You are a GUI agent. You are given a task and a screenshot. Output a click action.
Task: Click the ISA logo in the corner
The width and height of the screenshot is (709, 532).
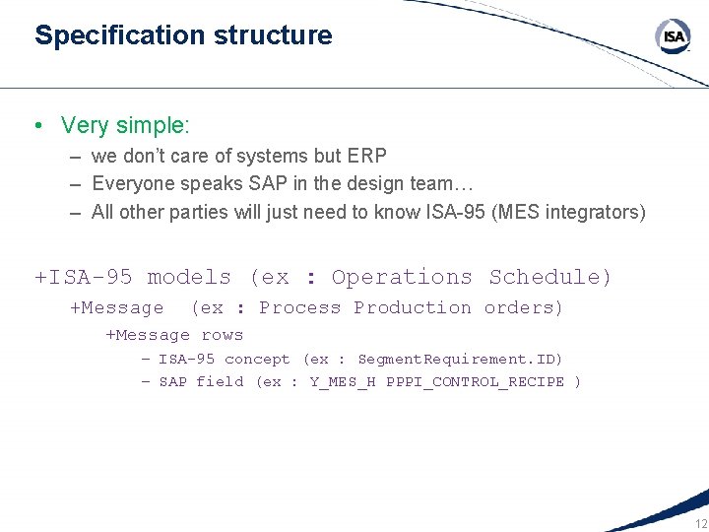tap(673, 36)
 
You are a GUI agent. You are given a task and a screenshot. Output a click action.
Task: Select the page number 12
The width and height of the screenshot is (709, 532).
tap(700, 523)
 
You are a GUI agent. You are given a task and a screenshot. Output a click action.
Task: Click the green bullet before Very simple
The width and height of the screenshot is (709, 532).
tap(37, 126)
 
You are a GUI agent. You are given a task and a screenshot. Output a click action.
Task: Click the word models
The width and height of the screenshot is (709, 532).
tap(189, 277)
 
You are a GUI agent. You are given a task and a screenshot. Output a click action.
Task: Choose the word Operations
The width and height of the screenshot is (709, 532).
tap(402, 277)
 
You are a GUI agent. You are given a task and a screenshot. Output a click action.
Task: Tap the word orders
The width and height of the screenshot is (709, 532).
tap(523, 307)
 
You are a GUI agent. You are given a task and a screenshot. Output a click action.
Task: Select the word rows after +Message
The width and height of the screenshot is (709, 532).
tap(222, 335)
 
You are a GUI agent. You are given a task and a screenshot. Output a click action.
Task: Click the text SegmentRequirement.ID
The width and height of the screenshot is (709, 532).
tap(460, 360)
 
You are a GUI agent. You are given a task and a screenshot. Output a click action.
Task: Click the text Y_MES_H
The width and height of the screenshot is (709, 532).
tap(343, 381)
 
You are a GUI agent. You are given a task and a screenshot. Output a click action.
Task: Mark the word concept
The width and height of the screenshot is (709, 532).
tap(257, 360)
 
